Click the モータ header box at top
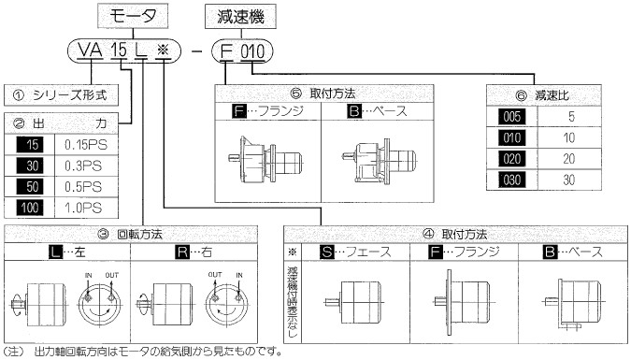tap(133, 16)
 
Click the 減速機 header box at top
tap(240, 17)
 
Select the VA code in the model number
tap(90, 50)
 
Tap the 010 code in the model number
tap(252, 51)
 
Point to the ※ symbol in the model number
tap(164, 50)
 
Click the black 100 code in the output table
tap(30, 208)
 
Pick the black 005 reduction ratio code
tap(512, 117)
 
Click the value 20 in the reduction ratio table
tap(568, 159)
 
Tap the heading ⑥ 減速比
tap(542, 95)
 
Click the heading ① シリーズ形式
tap(61, 95)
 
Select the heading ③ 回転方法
tap(130, 234)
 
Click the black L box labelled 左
tap(55, 252)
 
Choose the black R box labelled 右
tap(182, 252)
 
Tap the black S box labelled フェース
tap(327, 252)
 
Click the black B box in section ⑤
tap(354, 110)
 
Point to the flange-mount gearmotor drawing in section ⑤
tap(265, 160)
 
